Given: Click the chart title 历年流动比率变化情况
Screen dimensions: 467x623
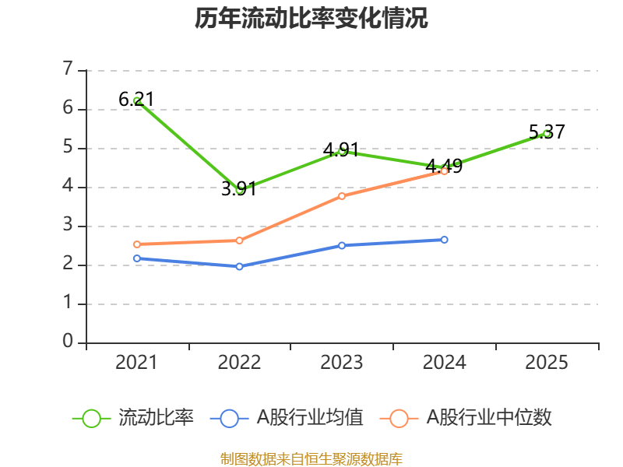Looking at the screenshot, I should click(x=311, y=19).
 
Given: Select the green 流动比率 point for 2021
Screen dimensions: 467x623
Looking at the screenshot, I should click(x=137, y=101).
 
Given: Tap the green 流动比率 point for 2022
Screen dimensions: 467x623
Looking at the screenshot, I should click(x=239, y=189).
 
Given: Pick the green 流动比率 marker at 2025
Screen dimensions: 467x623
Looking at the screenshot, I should click(x=546, y=133).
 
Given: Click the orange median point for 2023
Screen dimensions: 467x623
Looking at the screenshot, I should click(x=342, y=196).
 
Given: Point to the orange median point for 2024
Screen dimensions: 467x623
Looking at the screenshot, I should click(x=444, y=171).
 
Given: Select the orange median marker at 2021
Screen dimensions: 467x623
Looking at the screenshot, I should click(x=137, y=244).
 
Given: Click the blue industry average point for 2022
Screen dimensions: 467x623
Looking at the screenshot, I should click(x=239, y=266).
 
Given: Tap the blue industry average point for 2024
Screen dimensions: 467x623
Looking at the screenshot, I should click(x=444, y=240).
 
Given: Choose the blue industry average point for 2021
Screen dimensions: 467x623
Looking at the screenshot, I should click(x=137, y=258).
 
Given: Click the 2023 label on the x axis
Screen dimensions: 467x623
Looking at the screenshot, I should click(x=342, y=363).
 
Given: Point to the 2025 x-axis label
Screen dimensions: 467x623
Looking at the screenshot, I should click(x=546, y=363).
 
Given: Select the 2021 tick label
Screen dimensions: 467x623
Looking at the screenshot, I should click(x=137, y=363).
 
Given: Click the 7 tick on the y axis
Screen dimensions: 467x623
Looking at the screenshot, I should click(x=69, y=70).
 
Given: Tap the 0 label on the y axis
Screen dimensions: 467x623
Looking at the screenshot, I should click(x=69, y=342).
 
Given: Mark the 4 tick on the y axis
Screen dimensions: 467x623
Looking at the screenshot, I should click(x=69, y=187).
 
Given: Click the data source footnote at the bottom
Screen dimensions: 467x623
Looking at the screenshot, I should click(x=311, y=458).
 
